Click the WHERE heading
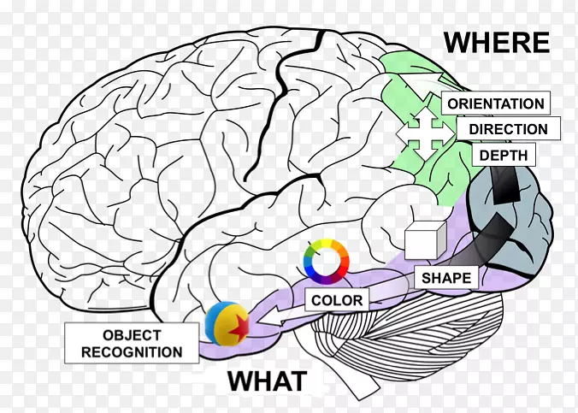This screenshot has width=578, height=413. tap(496, 41)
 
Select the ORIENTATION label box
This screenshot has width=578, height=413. tap(495, 103)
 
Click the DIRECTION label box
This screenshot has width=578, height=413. tap(508, 129)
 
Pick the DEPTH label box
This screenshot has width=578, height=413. tap(503, 155)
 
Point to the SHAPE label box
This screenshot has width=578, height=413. tap(446, 277)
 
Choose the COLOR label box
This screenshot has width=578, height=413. tap(337, 300)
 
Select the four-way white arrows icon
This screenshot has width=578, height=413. tap(422, 132)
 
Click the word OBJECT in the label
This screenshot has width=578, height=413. tap(132, 334)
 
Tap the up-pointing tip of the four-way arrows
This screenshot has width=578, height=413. tap(422, 114)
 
